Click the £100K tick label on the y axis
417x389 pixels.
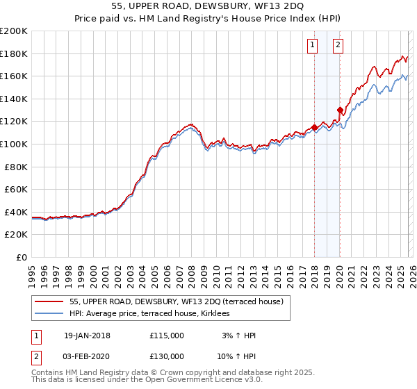click(x=14, y=144)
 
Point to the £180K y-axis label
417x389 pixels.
click(x=14, y=53)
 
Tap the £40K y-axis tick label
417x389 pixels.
click(x=16, y=212)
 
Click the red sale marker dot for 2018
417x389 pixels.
click(x=314, y=127)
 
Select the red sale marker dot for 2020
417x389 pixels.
click(x=340, y=110)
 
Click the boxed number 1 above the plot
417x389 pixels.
click(x=312, y=46)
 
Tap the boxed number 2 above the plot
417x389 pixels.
click(x=338, y=46)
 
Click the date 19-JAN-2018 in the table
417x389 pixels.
click(x=86, y=336)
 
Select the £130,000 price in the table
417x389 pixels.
click(x=167, y=356)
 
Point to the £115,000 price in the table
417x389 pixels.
click(x=167, y=336)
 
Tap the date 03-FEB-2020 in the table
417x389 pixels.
click(x=86, y=356)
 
